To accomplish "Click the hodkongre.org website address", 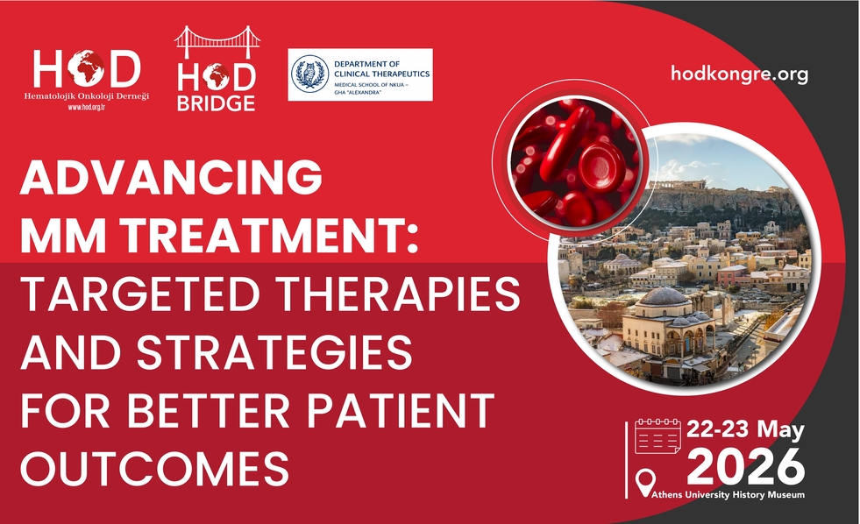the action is [x=739, y=74].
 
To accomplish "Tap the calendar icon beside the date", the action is [x=657, y=436].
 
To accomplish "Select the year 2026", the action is [x=746, y=467].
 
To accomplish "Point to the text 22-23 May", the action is [x=745, y=429].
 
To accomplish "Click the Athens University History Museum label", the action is [x=729, y=495].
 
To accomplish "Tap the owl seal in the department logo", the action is [x=309, y=74].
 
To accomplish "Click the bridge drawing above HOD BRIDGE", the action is [x=217, y=42].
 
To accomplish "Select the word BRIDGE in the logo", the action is [x=217, y=103].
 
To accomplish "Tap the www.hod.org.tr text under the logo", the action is [x=86, y=107].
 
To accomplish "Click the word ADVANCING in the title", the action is [x=171, y=177].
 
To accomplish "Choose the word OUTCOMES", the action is [x=154, y=469].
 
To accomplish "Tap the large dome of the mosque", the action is [x=665, y=296].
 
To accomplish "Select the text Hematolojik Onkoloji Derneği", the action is [x=86, y=96].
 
